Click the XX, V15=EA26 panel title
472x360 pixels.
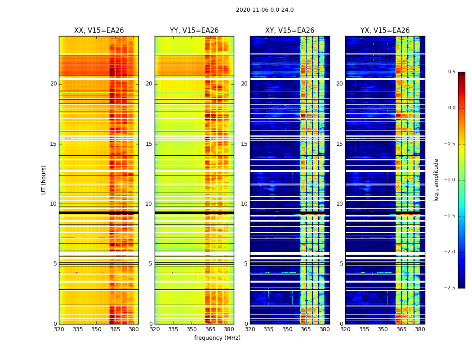tap(99, 31)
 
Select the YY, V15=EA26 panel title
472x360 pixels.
tap(194, 31)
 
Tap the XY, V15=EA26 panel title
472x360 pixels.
tap(289, 31)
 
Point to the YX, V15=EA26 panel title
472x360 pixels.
tap(385, 31)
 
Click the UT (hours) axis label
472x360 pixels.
tap(44, 180)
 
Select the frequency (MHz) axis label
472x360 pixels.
tap(217, 338)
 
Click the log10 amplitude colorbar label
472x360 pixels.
tap(436, 180)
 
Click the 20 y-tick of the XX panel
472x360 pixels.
tap(53, 84)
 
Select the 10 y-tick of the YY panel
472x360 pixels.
tap(149, 204)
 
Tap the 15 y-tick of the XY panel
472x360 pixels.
tap(244, 144)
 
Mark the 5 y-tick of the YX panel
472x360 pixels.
tap(341, 264)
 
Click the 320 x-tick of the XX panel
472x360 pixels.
tap(59, 329)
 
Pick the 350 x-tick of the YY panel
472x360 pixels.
tap(192, 329)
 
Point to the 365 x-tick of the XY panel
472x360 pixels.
tap(306, 329)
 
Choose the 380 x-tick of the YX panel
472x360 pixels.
tap(420, 329)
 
